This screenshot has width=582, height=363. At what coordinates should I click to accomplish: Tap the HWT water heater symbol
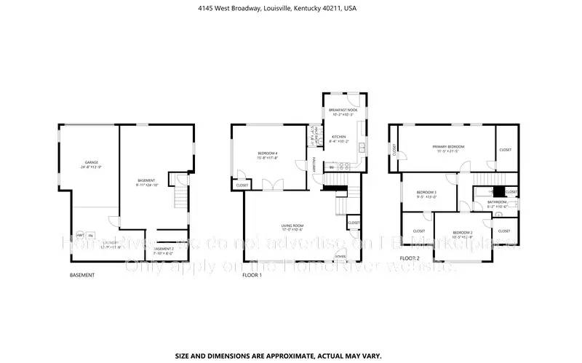click(79, 236)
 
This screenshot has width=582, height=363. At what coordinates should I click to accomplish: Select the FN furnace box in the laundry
click(90, 236)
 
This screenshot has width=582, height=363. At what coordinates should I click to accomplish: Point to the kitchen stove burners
click(344, 167)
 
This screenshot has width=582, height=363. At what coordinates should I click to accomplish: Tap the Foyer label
click(340, 257)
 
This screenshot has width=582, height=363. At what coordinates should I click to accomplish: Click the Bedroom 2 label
click(462, 234)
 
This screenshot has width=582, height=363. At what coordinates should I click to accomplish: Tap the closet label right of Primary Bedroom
click(505, 150)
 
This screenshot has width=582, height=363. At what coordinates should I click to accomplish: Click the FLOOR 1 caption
click(252, 276)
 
